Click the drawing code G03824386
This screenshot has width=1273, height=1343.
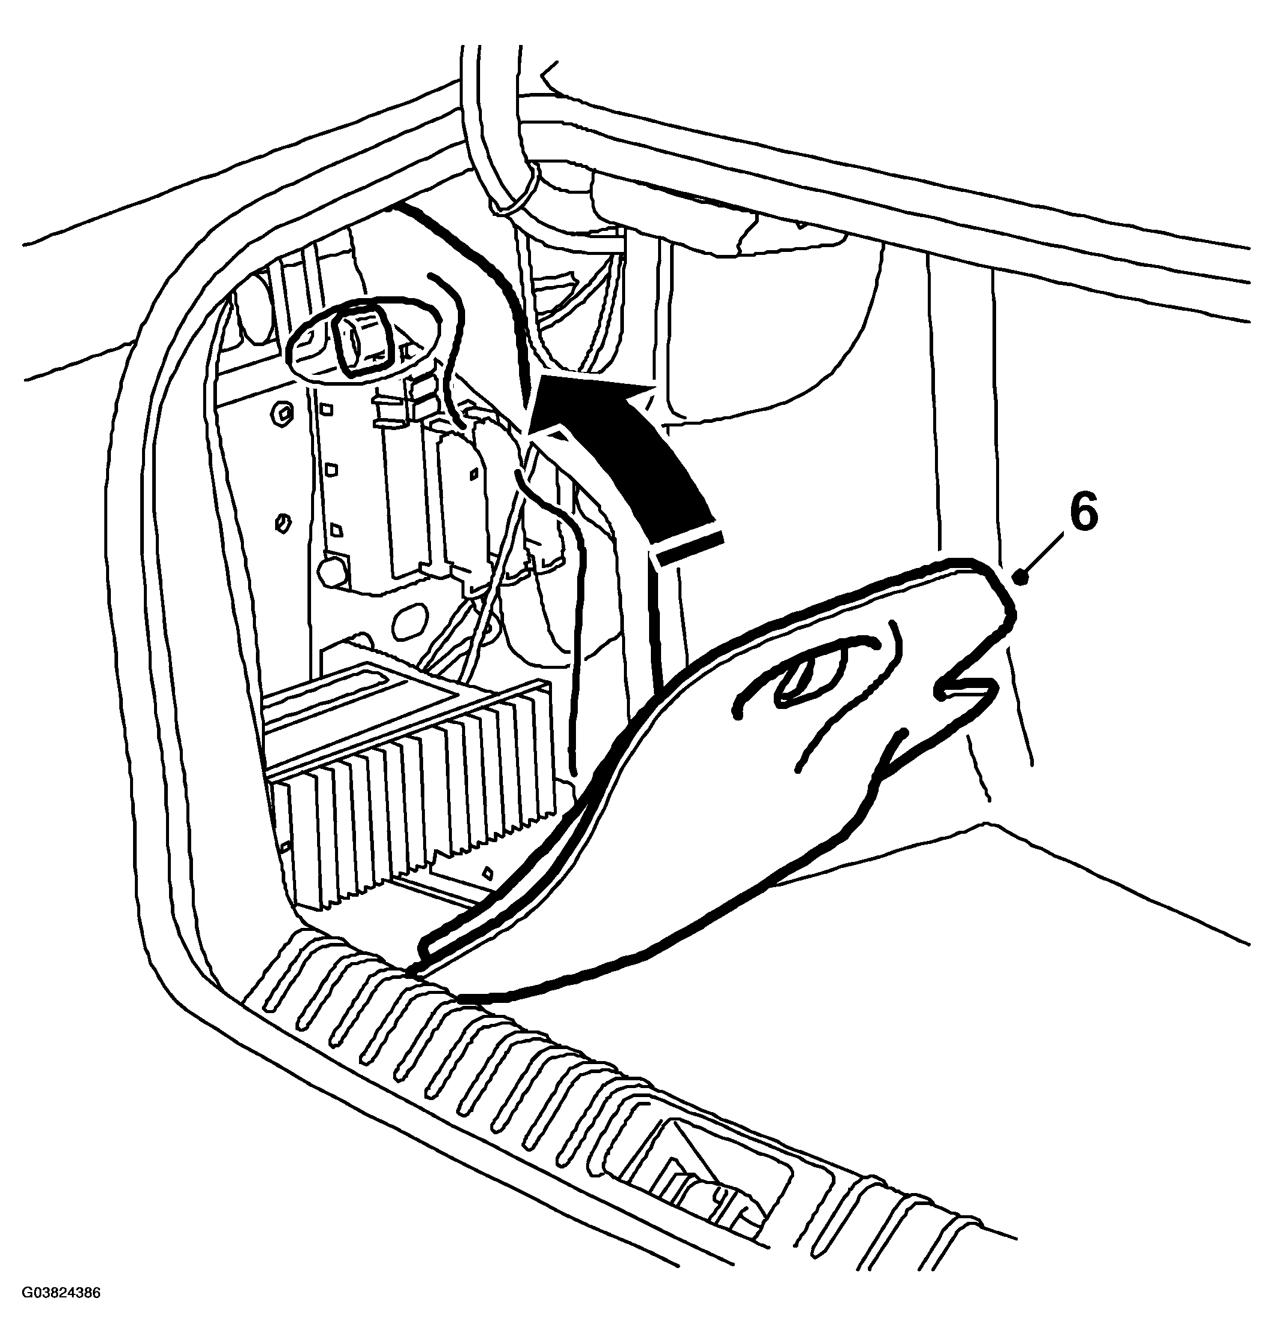61,1312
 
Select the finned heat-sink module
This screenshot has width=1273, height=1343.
407,761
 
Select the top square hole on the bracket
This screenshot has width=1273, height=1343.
327,410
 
